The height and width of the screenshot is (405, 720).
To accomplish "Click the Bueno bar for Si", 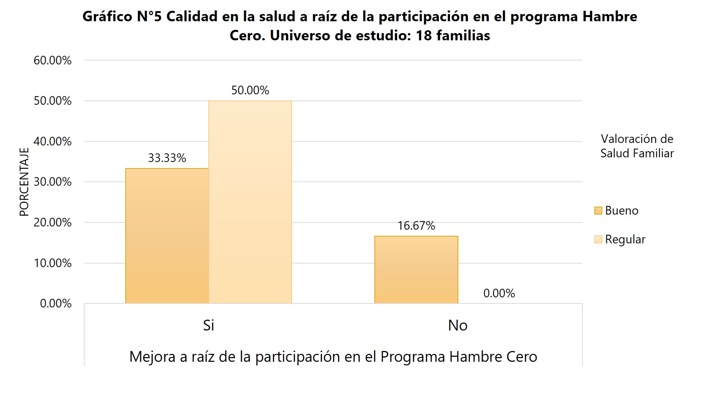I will coord(167,236).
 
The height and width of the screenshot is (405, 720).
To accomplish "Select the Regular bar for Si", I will coord(250,202).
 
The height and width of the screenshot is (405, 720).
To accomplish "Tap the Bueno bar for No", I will coord(416,270).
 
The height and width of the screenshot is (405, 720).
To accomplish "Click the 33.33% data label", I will coord(167,158).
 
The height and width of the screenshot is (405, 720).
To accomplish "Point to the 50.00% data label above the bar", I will coord(250,90).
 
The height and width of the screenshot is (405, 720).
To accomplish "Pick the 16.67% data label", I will coord(416,226).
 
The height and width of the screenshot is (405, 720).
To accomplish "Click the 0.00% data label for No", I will coord(499,293).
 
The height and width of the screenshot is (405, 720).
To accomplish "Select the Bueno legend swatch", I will coord(598,211).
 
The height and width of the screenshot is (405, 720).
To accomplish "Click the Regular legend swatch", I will coord(598,239).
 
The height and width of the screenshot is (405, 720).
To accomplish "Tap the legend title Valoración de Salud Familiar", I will coord(637,146).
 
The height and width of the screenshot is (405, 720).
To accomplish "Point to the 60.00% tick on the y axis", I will coord(53,60).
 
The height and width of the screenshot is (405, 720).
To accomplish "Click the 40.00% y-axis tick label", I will coord(53,141).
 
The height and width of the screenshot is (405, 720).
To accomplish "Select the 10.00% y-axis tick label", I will coord(53,263).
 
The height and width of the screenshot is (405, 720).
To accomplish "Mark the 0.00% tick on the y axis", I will coord(56,303).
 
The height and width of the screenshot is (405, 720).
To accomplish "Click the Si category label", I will coord(208,325).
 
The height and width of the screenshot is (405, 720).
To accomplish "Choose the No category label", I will coord(458,325).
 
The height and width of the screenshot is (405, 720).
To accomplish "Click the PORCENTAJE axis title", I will coord(24,182).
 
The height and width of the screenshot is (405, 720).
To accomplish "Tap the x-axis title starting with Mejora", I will coord(333,357).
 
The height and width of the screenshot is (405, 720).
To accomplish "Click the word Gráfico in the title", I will coord(107,17).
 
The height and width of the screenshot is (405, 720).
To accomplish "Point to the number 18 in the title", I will coord(424,36).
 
